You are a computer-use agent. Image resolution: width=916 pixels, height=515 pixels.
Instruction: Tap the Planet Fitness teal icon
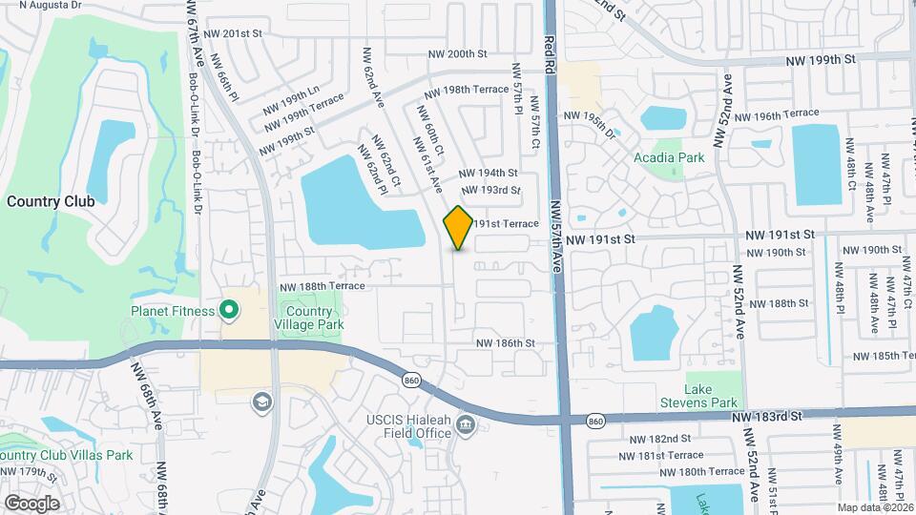(229, 309)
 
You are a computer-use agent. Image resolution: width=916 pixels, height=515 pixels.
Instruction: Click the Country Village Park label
(309, 318)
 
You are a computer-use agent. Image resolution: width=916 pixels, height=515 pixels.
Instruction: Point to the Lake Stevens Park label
(699, 396)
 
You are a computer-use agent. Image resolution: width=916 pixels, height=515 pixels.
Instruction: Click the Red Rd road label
(550, 55)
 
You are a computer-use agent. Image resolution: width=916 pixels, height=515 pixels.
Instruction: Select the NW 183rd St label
(771, 417)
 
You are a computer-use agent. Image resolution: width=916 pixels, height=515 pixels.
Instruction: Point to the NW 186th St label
(506, 342)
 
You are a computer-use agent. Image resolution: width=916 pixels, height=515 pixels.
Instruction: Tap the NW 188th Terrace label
(323, 286)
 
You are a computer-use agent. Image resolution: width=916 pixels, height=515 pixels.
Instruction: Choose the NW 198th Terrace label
(467, 89)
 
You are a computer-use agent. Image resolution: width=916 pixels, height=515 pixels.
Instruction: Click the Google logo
(31, 503)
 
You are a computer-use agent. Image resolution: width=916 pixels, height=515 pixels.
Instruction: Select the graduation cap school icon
(260, 402)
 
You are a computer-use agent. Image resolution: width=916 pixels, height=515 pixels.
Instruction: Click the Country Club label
(51, 201)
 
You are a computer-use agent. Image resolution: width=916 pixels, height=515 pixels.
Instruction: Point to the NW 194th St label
(488, 174)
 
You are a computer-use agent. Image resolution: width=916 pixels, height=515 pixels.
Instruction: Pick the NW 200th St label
(458, 53)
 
